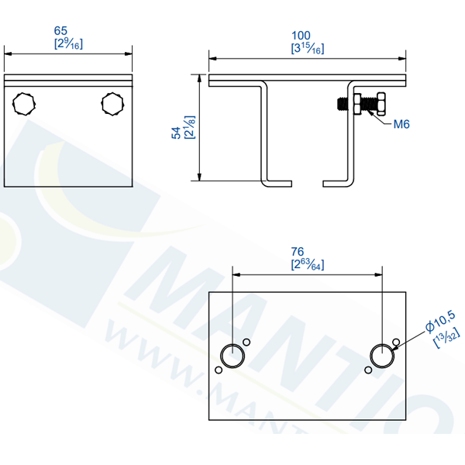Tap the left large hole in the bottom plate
[232, 356]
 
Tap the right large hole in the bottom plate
[381, 356]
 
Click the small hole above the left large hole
[246, 342]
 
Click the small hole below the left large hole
[219, 370]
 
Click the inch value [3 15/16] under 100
[307, 49]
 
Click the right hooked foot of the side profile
[338, 183]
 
